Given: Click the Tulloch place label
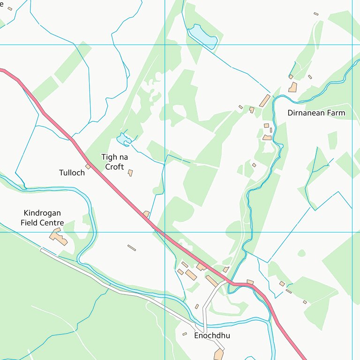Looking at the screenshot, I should point(72,172).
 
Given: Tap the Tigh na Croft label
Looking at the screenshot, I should point(114,162).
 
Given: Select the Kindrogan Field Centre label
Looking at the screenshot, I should point(42,218).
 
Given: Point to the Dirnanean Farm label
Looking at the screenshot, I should point(316,113).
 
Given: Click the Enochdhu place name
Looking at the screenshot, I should point(212,336).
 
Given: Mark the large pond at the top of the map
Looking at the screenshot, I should point(202,37).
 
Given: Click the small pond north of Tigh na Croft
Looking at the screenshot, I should point(123,139).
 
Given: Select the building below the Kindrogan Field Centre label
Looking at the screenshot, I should point(58,237).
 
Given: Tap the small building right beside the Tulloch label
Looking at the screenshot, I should point(88,166).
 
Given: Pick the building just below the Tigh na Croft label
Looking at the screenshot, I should point(130,173).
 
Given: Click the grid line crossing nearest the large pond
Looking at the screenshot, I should point(165,45).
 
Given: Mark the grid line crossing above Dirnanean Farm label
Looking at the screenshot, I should point(352,45).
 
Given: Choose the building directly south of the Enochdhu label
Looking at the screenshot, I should point(218,354).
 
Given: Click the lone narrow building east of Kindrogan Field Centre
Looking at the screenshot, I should point(132,247).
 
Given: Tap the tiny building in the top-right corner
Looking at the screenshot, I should point(316,14).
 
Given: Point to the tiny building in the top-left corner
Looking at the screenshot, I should point(10,8).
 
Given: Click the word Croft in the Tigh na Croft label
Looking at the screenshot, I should point(114,167).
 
